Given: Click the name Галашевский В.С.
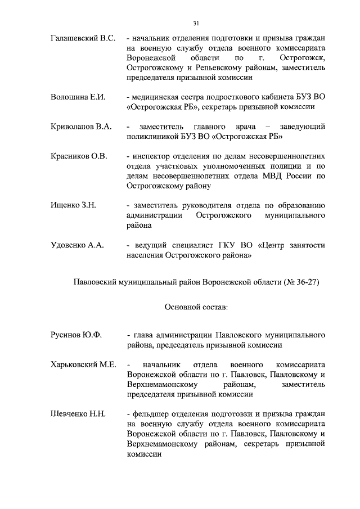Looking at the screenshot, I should pos(83,38).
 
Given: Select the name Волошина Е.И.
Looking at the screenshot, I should pos(78,97).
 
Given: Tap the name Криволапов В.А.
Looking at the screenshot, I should pos(81,127).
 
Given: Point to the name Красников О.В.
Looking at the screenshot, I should pos(79,156).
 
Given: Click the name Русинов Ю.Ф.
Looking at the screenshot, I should pos(76,335).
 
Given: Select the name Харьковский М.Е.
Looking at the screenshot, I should pos(83,364).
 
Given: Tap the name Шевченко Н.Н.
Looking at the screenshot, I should pos(78,414).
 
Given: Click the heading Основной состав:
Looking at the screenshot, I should pos(196,308).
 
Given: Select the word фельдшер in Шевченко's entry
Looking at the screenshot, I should pos(148,414).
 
